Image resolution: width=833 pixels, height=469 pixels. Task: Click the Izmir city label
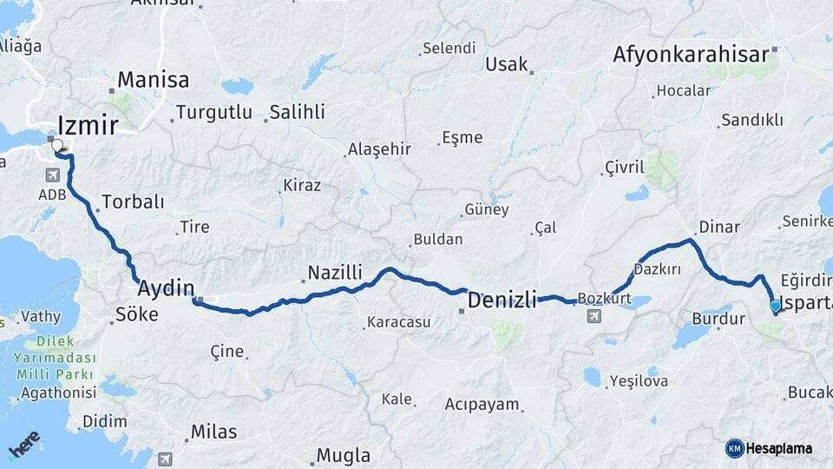click(88, 125)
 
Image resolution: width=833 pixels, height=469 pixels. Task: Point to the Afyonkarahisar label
click(691, 54)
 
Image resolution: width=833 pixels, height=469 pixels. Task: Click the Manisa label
click(153, 80)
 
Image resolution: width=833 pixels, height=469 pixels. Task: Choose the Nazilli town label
click(336, 273)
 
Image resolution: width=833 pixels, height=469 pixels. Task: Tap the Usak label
click(507, 63)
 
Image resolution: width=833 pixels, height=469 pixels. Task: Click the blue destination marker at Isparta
click(775, 305)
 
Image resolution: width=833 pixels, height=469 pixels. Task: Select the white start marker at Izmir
click(58, 146)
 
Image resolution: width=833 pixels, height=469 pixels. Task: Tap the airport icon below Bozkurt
click(594, 315)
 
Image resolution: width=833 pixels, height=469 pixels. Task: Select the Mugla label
click(343, 455)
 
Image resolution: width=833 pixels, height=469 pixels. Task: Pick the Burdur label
click(718, 319)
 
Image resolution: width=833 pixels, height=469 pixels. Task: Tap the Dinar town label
click(718, 226)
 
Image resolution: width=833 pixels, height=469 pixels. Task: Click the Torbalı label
click(133, 201)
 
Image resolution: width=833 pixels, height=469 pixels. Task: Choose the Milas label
click(213, 432)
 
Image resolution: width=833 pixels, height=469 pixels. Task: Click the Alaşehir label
click(379, 149)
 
